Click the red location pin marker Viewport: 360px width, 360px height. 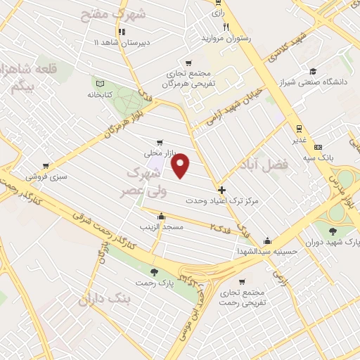181,165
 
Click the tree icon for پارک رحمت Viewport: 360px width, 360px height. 154,272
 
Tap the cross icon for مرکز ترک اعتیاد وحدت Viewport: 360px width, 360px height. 222,190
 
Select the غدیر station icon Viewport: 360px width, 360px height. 299,129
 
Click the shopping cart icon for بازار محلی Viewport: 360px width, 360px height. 161,141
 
